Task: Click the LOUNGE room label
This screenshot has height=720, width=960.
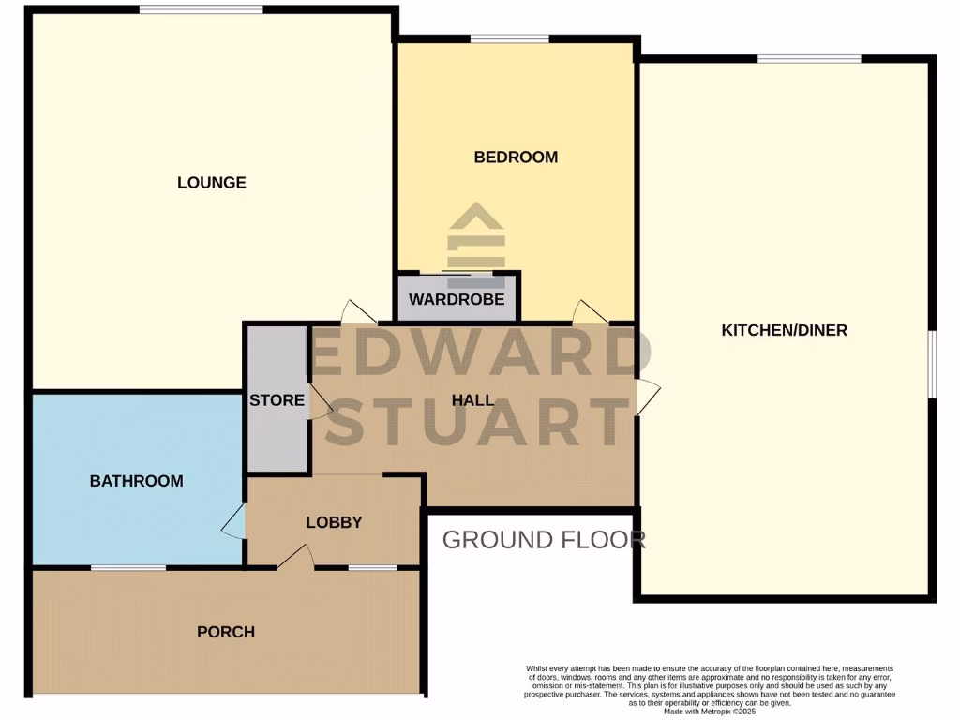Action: (x=212, y=183)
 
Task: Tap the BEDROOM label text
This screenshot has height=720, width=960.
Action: (x=516, y=157)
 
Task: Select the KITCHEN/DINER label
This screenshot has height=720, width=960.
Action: (x=784, y=330)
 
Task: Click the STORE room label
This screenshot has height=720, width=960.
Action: (x=277, y=400)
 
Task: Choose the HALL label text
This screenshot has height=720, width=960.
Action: (x=472, y=400)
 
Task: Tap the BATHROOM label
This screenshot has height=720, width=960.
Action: (x=136, y=481)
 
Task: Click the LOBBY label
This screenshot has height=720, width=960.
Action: (x=334, y=522)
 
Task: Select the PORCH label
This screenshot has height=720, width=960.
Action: (x=226, y=632)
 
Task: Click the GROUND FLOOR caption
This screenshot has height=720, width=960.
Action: (x=544, y=540)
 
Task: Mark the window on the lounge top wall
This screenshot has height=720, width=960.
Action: (x=201, y=10)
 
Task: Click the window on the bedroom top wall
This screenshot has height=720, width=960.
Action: (x=509, y=38)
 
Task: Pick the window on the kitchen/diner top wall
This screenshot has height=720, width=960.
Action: (x=809, y=59)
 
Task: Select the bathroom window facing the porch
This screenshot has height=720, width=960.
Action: (x=128, y=567)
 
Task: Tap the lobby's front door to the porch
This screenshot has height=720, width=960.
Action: (x=295, y=559)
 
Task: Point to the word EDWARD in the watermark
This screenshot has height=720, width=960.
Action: (x=480, y=354)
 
